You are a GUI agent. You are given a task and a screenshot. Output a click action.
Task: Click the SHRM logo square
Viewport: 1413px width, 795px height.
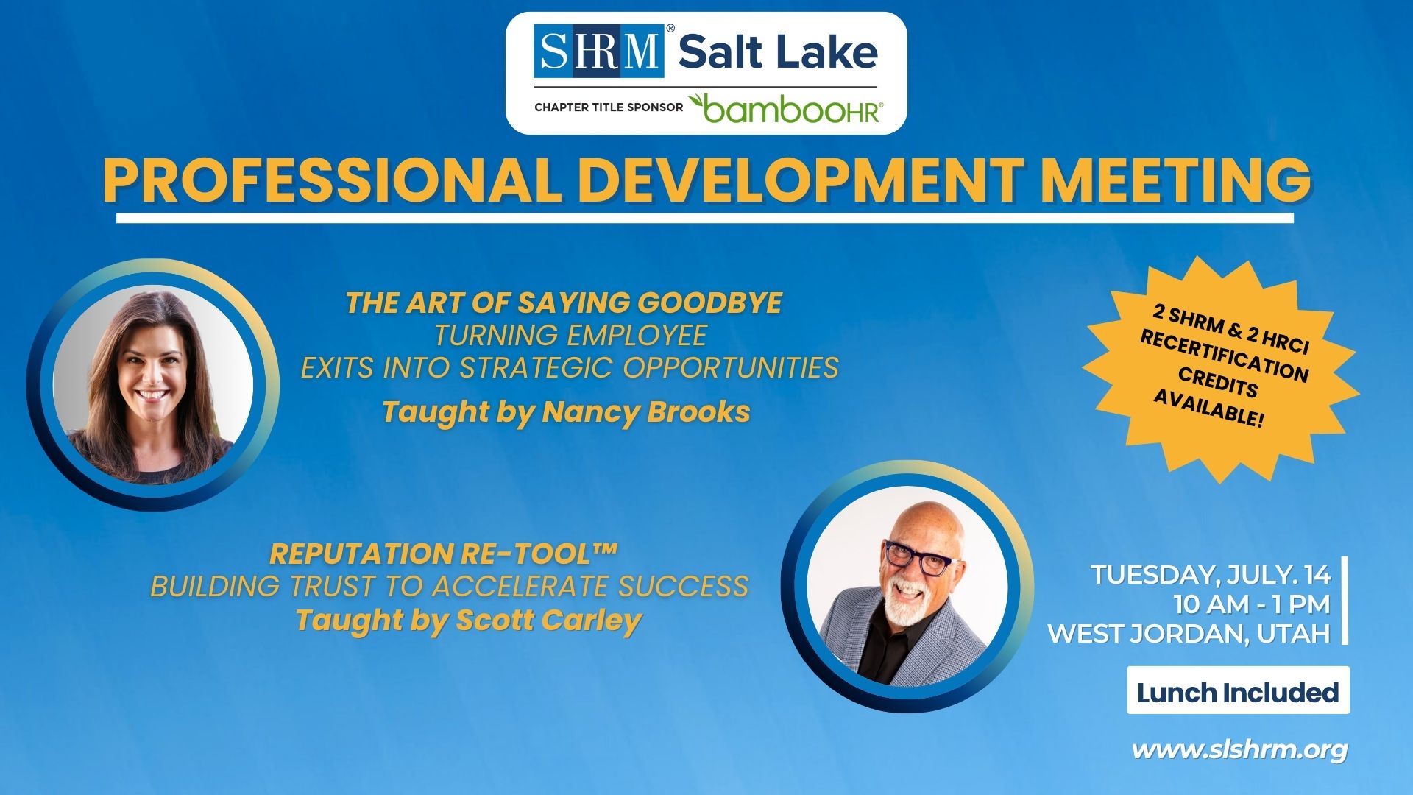pos(599,51)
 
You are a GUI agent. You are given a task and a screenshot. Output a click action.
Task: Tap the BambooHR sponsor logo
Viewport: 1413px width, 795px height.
pos(785,108)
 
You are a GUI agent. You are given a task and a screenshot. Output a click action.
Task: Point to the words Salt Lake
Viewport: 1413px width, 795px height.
pos(778,52)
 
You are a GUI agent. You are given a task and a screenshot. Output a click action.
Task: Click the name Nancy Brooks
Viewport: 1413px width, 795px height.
pos(646,412)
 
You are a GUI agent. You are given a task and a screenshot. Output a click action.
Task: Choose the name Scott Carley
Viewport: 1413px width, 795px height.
pos(549,621)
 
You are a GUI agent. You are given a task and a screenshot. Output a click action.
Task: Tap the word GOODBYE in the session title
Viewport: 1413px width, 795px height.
pos(709,303)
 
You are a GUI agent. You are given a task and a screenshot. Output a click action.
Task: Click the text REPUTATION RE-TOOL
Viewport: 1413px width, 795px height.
pos(443,554)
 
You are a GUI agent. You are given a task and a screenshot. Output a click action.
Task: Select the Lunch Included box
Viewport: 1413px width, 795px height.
pos(1238,690)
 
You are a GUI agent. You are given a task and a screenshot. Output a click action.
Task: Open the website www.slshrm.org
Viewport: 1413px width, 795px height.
pos(1240,750)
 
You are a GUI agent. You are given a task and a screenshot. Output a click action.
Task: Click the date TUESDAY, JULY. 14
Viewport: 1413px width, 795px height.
pos(1211,575)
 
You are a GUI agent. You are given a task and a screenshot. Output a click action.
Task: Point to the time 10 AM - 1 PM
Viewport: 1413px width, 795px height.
pos(1252,604)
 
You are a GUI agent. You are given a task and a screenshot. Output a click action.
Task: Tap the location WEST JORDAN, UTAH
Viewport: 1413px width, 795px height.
pos(1189,634)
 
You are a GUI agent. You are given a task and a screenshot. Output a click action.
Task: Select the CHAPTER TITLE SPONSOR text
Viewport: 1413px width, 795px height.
pos(609,107)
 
